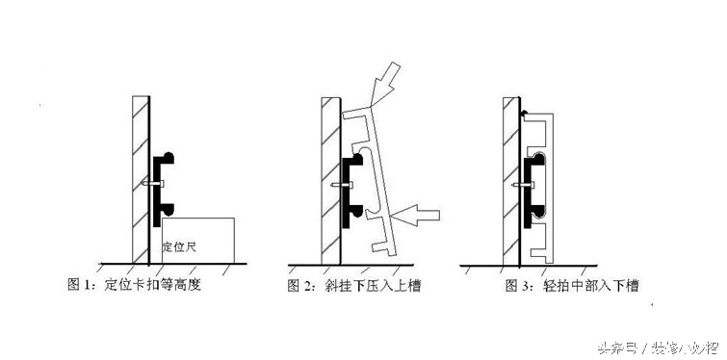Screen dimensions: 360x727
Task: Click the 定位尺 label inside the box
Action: [180, 247]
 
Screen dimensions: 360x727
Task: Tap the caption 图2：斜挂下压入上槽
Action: [356, 286]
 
